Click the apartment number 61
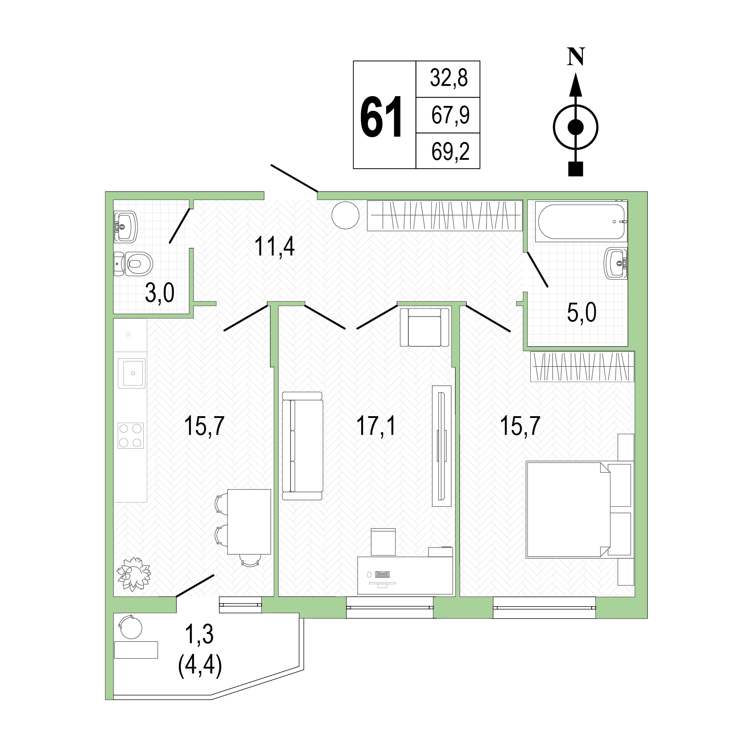[381, 117]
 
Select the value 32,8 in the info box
[448, 78]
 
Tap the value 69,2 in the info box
[450, 151]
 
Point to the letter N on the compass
[576, 57]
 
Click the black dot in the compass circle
[576, 127]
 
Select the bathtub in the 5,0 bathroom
[581, 222]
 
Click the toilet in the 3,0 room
[133, 264]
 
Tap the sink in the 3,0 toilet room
[126, 226]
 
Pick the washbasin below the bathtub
[616, 264]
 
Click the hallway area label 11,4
[274, 247]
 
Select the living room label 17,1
[376, 426]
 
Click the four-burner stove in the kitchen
[131, 435]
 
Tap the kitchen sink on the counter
[132, 373]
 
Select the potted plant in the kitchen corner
[133, 574]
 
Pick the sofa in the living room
[302, 446]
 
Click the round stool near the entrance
[345, 215]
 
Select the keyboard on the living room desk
[383, 575]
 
